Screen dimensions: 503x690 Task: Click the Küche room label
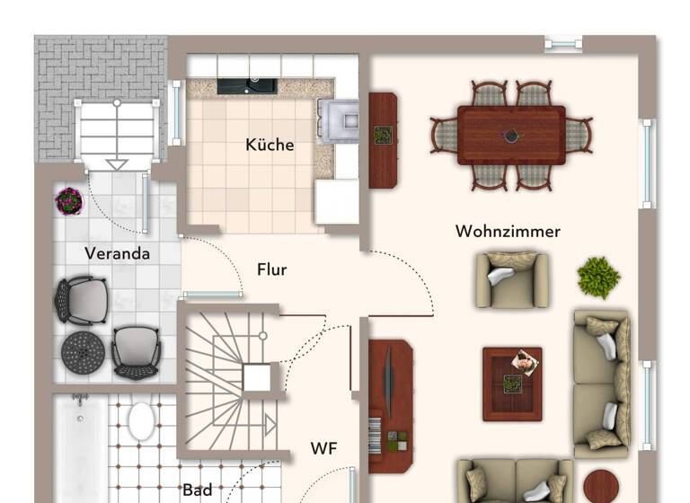270,145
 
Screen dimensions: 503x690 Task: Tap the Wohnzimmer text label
508,232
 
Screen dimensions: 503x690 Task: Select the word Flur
272,269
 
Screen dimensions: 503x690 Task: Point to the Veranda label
118,253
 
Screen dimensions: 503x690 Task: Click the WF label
324,447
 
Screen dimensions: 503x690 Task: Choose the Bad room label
198,490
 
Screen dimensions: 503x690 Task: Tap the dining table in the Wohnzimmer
511,135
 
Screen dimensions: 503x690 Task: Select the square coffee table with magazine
512,384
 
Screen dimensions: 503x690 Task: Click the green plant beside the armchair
598,277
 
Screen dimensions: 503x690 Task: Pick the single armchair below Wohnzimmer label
513,279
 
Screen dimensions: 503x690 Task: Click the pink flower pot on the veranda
68,200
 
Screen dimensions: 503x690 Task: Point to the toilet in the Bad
141,420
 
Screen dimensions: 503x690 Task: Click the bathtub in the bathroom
80,449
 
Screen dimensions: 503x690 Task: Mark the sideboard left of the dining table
383,139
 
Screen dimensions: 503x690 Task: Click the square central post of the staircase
257,377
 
